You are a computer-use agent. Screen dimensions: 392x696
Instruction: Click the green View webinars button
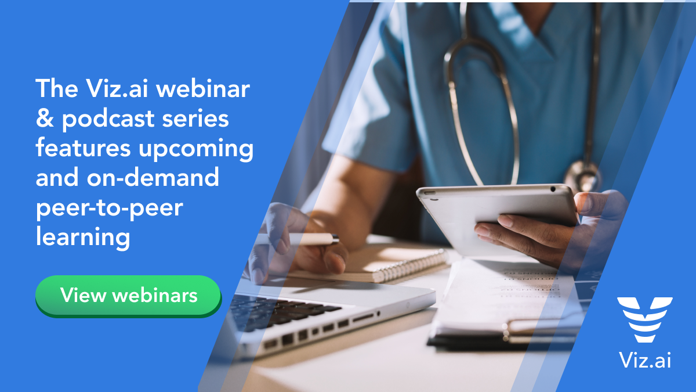pos(128,296)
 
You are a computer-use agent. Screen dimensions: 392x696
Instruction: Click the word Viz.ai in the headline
pos(114,89)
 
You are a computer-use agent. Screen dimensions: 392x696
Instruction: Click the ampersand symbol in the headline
pos(44,119)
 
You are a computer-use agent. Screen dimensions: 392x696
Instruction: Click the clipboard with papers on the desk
pos(505,308)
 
